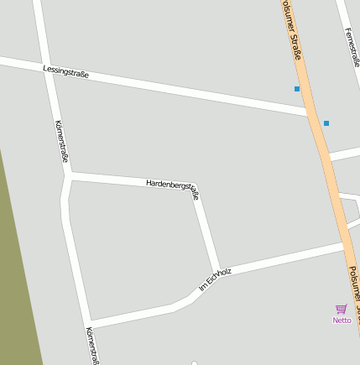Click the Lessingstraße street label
[x=66, y=72]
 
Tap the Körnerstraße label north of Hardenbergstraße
[x=61, y=141]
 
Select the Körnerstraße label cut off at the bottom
[x=92, y=345]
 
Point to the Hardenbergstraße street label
[x=172, y=187]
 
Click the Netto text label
[x=342, y=320]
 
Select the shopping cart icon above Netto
[x=341, y=309]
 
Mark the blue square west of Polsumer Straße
[x=297, y=88]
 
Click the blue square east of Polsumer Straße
[x=326, y=123]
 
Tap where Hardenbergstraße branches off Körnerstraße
[x=69, y=175]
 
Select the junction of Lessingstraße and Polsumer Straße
[x=311, y=112]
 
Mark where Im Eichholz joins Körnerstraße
[x=87, y=323]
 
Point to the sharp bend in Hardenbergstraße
[x=195, y=187]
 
